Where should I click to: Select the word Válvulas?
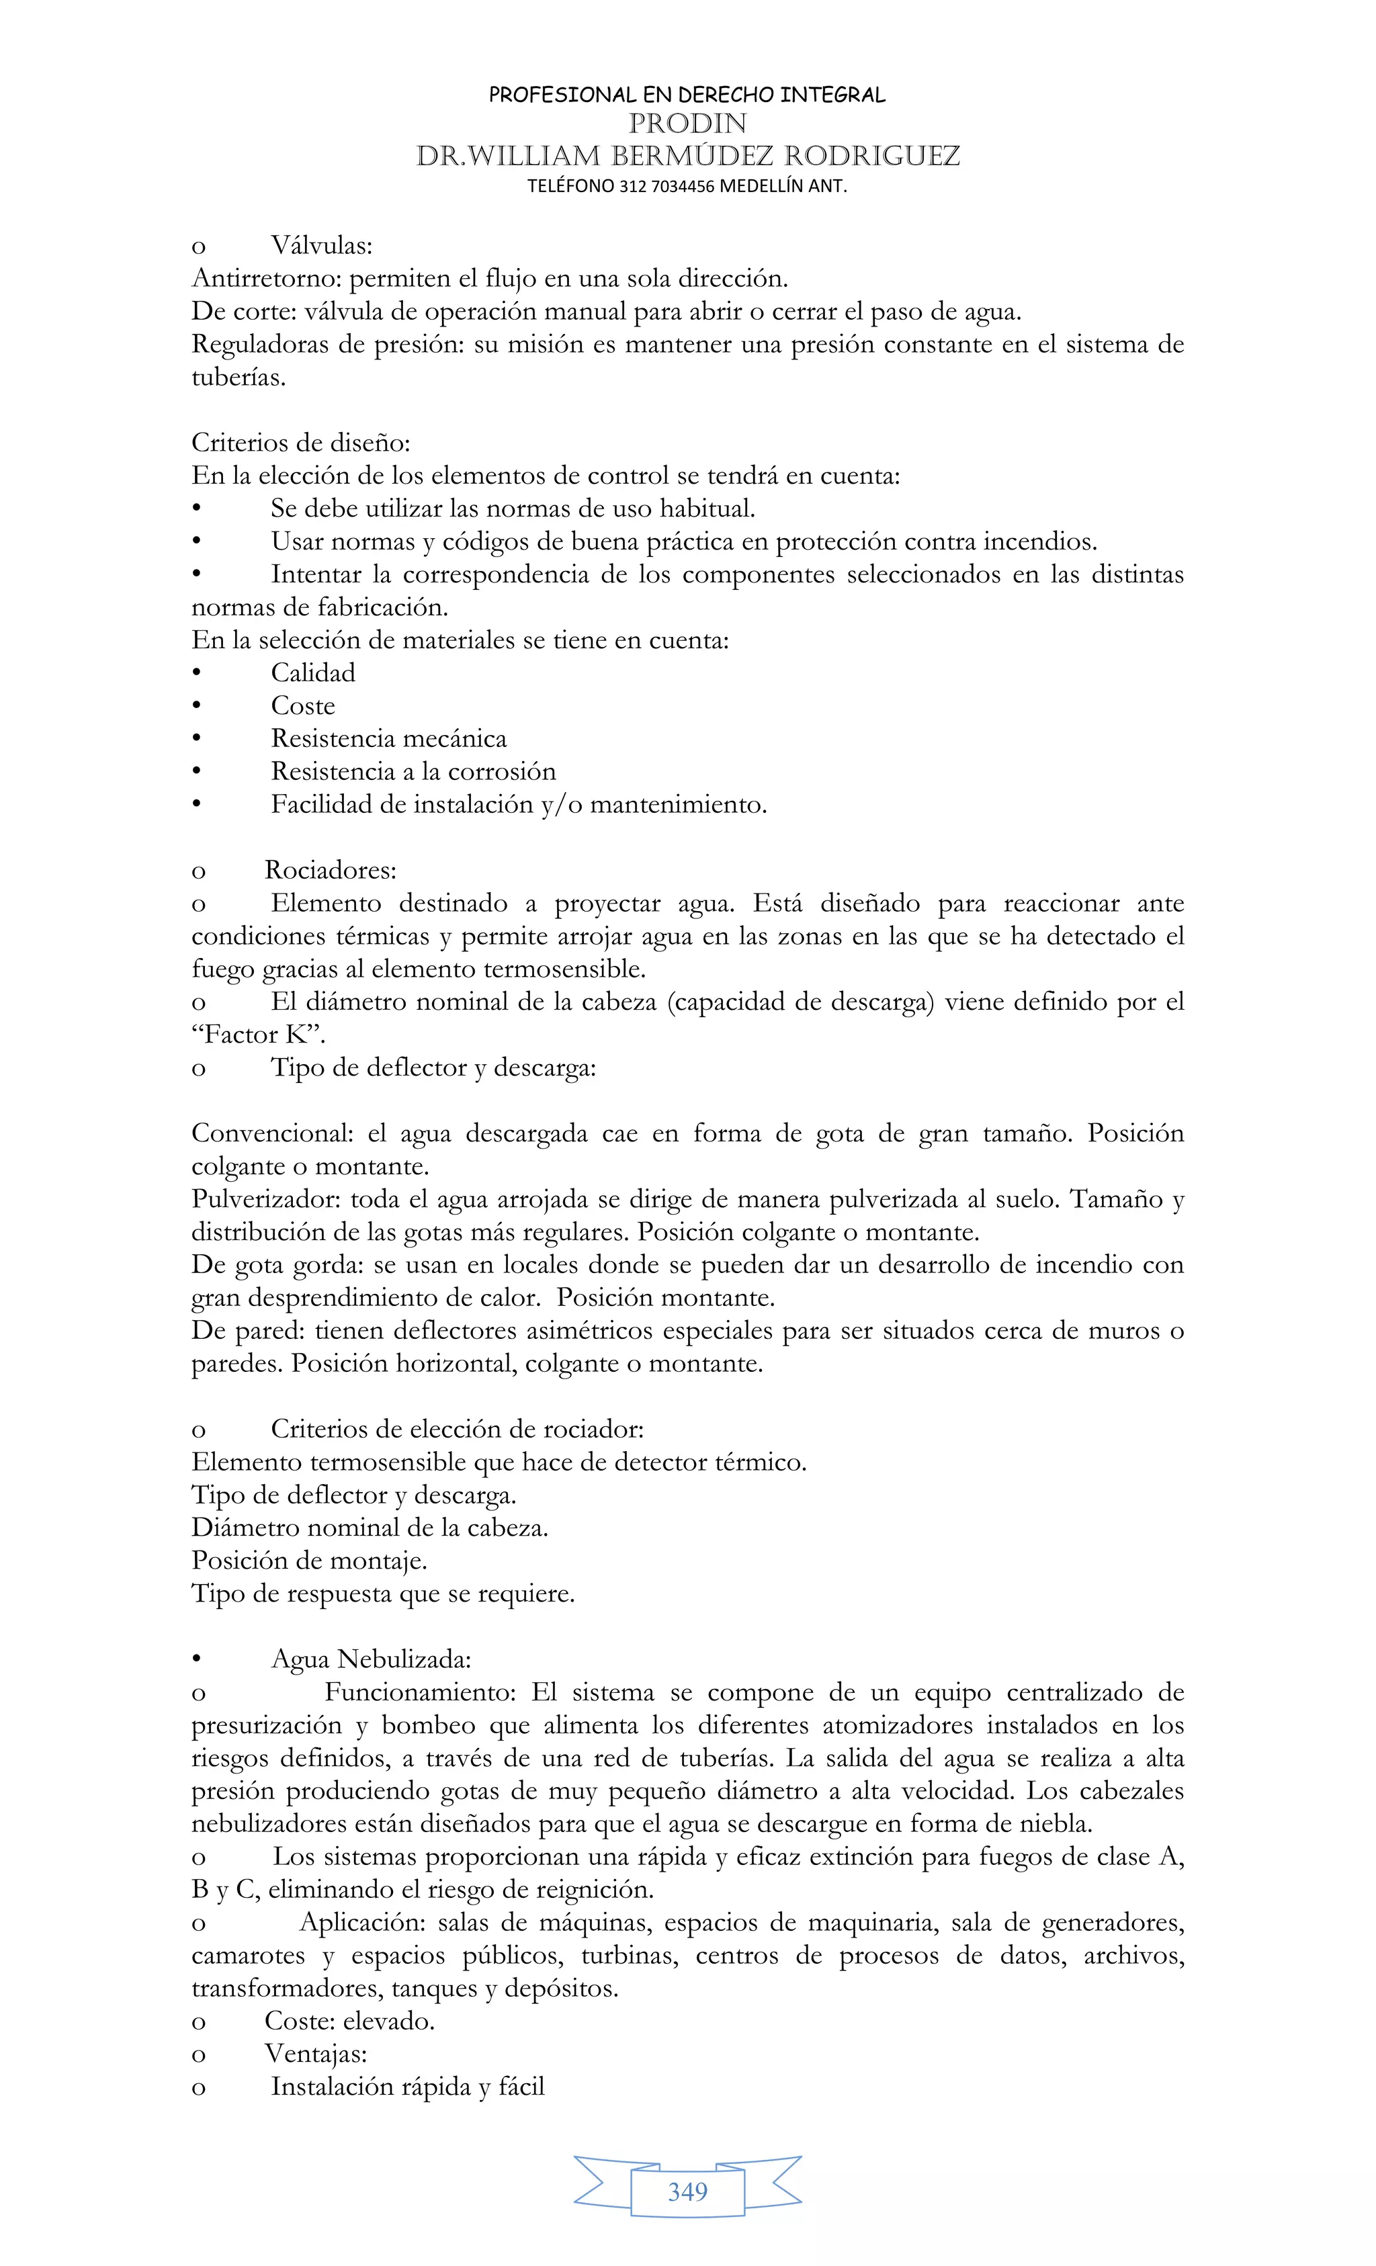[321, 245]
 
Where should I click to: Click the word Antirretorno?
[266, 279]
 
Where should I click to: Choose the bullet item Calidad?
[312, 673]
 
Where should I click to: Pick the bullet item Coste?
[302, 706]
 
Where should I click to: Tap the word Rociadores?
[330, 870]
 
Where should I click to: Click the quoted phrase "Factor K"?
[259, 1035]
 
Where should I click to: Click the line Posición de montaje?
[309, 1561]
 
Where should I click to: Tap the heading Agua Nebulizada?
[371, 1660]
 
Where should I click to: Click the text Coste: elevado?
[349, 2021]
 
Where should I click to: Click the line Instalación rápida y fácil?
[407, 2087]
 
